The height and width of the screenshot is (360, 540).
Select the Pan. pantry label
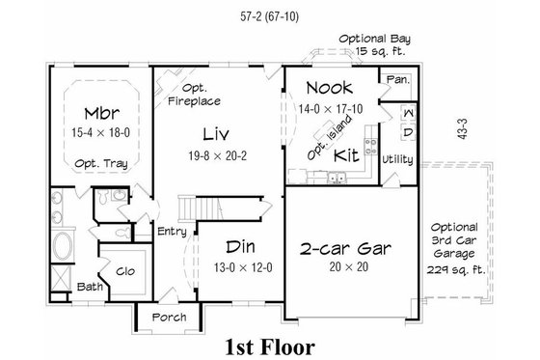tap(396, 78)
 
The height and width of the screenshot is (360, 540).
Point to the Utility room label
tap(397, 158)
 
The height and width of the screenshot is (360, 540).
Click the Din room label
tap(241, 247)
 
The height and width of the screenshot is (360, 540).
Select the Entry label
tap(173, 231)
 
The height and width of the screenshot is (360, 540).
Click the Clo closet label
tap(124, 271)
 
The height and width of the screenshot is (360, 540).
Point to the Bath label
tap(91, 287)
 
